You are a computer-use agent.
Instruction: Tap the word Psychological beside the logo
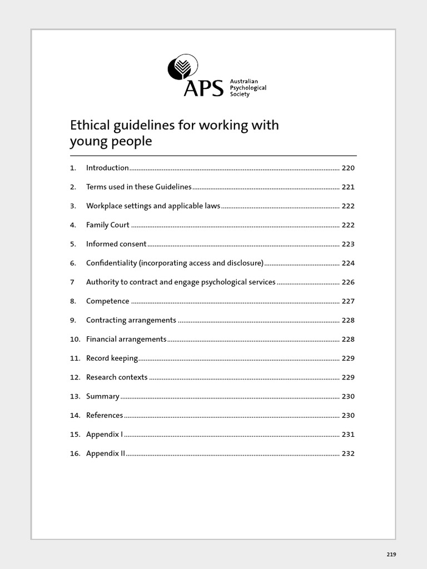(248, 88)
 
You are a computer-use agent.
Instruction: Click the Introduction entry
(107, 168)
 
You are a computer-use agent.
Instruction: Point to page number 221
(348, 187)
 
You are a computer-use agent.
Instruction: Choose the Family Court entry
(108, 225)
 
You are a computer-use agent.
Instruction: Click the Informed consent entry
(116, 244)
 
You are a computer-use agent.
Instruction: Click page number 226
(348, 282)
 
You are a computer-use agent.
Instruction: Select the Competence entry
(108, 301)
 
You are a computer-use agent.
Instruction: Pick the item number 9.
(72, 320)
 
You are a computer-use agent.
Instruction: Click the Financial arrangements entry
(126, 339)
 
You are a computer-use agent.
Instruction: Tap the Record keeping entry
(112, 358)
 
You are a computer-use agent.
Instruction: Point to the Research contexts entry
(117, 377)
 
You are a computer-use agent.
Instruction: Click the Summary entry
(103, 396)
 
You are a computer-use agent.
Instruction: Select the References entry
(105, 415)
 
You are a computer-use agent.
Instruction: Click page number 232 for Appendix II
(348, 453)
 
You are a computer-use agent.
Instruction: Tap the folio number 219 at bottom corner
(391, 555)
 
